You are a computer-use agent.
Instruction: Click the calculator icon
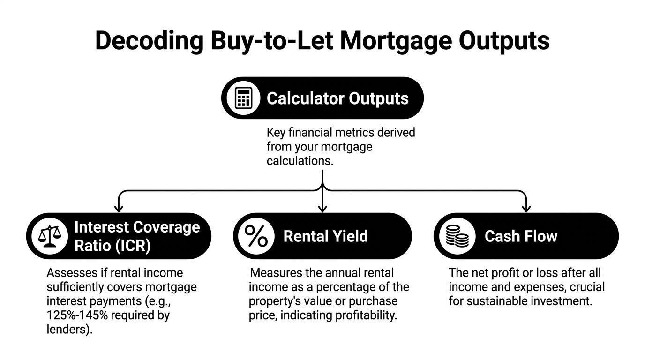point(243,98)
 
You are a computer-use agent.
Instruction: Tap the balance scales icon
point(50,236)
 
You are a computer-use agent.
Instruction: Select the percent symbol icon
point(256,236)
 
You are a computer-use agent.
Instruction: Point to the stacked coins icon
point(457,236)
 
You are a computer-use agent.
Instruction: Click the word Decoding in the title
point(149,41)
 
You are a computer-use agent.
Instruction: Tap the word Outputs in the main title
point(504,41)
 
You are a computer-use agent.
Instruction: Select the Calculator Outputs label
point(337,98)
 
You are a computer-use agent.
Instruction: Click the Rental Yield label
point(326,236)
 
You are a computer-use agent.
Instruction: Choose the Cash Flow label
point(521,236)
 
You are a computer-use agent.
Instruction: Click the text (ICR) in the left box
point(133,246)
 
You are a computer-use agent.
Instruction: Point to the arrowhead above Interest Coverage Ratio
point(119,209)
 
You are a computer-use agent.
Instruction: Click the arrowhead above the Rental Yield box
point(322,209)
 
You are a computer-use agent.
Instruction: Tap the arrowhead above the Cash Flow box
point(526,209)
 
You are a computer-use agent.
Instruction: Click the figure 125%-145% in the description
point(77,315)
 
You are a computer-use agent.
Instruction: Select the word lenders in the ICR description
point(67,329)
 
